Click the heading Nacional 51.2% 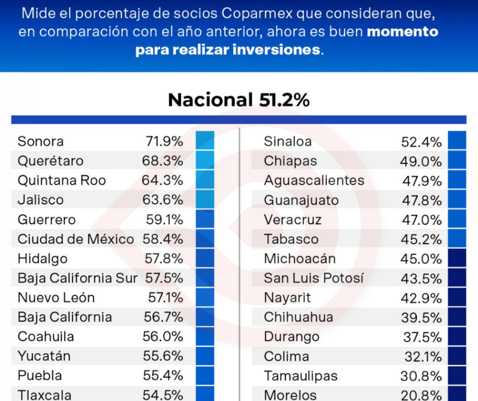point(238,100)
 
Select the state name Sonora point(41,141)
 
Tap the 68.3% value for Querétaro point(162,161)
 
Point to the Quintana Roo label point(62,181)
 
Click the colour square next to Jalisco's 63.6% point(205,199)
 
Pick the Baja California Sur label point(77,278)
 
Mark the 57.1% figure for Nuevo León point(164,298)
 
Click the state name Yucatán point(44,356)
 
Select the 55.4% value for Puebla point(163,376)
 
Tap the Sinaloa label point(288,141)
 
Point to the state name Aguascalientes point(314,181)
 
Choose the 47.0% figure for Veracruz point(422,220)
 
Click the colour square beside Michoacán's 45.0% point(457,259)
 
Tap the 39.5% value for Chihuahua point(422,318)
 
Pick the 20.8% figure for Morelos point(422,395)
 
